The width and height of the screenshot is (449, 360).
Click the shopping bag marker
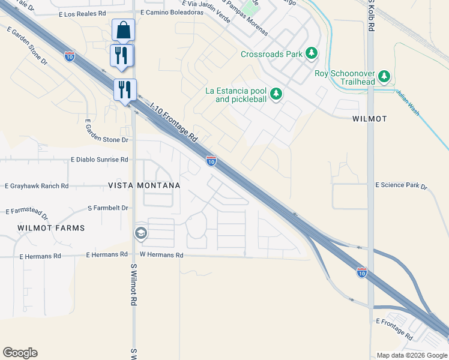tap(123, 29)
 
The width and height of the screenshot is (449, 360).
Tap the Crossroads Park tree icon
tap(312, 54)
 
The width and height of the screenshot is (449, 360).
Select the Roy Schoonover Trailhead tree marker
tap(384, 77)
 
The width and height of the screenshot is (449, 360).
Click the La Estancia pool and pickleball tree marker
tap(276, 94)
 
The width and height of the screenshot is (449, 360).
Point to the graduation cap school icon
tap(141, 233)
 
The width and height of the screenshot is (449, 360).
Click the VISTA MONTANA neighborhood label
tap(144, 186)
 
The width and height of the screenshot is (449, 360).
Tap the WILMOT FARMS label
tap(51, 228)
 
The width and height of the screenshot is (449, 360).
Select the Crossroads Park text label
tap(271, 54)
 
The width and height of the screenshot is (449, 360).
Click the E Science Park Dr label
tap(401, 186)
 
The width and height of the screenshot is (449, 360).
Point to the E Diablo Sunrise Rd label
tap(100, 160)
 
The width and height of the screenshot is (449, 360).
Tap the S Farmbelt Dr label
tap(108, 208)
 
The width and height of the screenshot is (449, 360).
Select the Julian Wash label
tap(407, 102)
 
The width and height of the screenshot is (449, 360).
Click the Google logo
tap(20, 353)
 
